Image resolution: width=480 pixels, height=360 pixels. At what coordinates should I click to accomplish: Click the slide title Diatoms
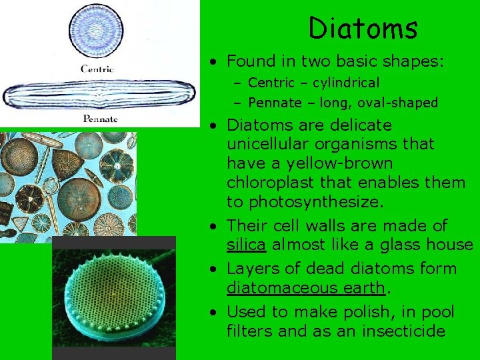[363, 29]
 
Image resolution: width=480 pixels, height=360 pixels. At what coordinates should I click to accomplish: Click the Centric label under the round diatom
[97, 69]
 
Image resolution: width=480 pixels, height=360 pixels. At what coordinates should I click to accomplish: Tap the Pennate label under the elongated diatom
[100, 119]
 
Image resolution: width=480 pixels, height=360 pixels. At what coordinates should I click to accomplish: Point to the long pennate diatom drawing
[98, 95]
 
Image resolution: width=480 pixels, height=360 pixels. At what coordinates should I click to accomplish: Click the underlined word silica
[247, 245]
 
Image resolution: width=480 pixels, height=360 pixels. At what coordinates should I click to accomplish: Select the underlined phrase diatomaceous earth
[306, 287]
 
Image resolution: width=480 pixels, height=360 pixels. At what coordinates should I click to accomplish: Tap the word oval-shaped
[403, 103]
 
